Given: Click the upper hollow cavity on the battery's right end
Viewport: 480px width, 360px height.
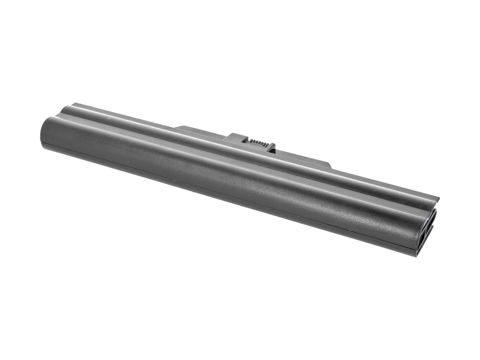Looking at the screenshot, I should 431,220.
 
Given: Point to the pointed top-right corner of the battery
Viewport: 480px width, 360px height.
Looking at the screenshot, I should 438,199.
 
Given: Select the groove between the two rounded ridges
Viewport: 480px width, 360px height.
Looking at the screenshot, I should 244,160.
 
